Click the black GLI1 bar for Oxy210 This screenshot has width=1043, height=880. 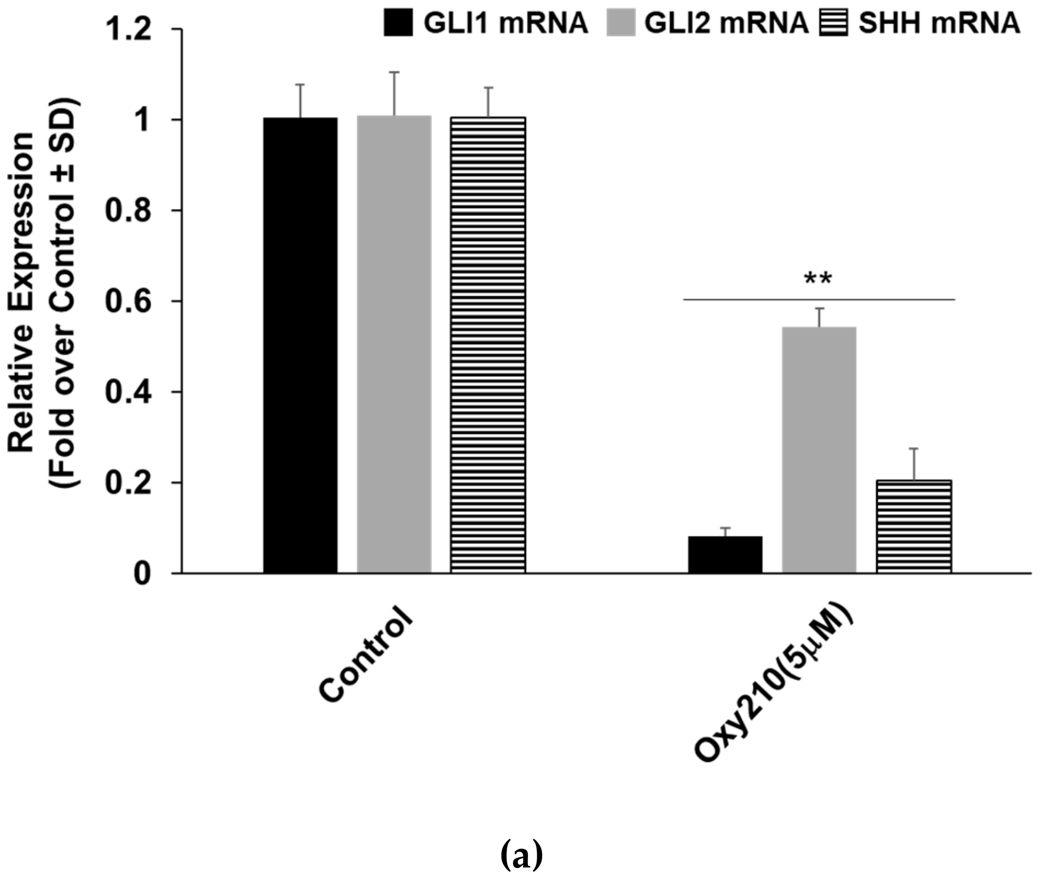[725, 555]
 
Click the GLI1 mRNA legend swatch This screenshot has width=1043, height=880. [398, 23]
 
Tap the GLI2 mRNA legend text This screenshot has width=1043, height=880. [726, 23]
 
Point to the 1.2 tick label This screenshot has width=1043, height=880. [128, 30]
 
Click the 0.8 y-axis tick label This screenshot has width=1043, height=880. [128, 211]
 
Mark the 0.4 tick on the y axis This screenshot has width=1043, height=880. [128, 392]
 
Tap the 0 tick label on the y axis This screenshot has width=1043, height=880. [142, 573]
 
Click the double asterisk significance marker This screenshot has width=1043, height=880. [818, 279]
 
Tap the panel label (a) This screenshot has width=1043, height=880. [521, 856]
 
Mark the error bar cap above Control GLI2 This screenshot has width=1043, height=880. [394, 72]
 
